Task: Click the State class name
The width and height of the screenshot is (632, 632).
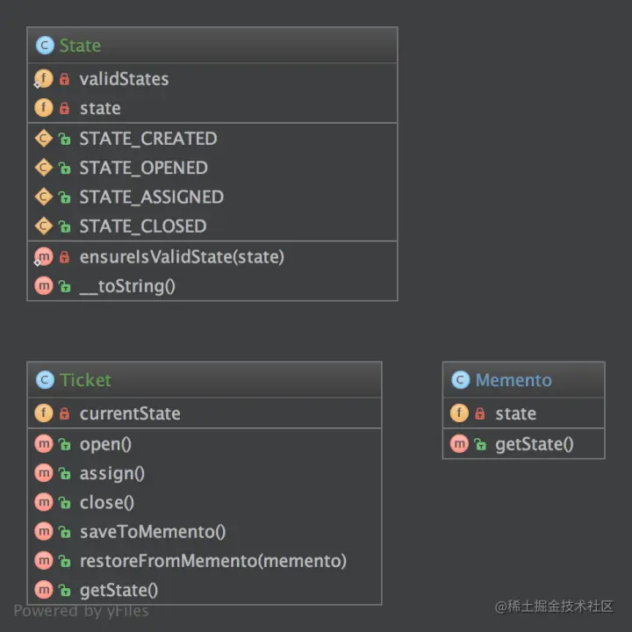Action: tap(80, 46)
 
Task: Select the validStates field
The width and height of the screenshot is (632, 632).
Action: tap(124, 79)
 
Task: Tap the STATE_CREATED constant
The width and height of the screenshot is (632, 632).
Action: tap(147, 139)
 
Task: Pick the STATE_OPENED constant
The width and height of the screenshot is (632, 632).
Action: tap(143, 168)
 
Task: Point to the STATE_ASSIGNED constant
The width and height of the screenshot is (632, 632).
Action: tap(151, 197)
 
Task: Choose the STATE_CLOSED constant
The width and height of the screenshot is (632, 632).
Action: tap(143, 226)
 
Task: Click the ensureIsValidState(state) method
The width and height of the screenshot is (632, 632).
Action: tap(182, 256)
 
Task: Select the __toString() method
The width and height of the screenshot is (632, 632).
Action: tap(127, 286)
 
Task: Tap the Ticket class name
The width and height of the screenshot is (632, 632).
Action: tap(85, 380)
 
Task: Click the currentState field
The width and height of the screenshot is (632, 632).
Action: tap(130, 413)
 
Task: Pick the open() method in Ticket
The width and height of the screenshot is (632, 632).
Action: tap(105, 444)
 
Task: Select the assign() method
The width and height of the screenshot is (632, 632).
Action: tap(112, 473)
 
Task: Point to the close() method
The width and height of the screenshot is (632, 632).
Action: tap(107, 503)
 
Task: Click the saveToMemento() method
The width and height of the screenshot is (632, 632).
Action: tap(153, 532)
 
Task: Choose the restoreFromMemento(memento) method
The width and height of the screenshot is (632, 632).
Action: tap(212, 561)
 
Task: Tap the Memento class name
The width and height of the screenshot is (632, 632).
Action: tap(513, 380)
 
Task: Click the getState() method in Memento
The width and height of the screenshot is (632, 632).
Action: tap(534, 444)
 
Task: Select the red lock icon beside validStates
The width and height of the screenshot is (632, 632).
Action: tap(64, 79)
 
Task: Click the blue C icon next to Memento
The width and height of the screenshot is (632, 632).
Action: tap(460, 380)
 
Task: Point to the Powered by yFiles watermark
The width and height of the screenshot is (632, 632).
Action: tap(81, 611)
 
